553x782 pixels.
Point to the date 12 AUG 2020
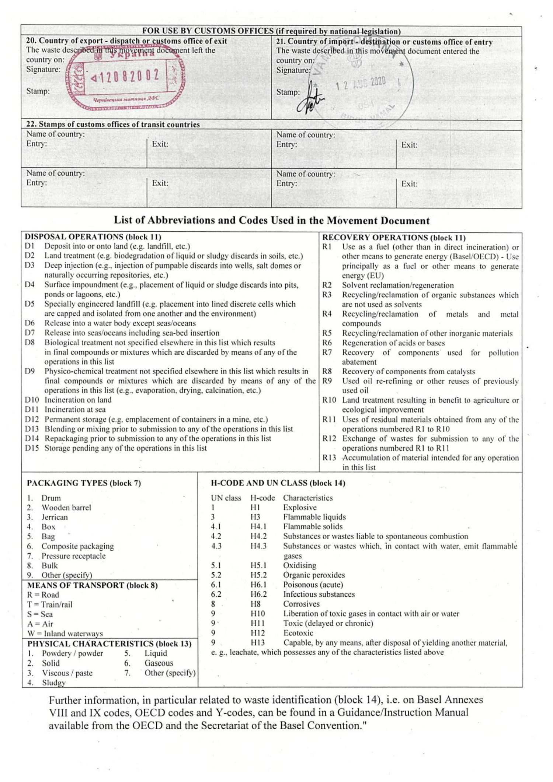pos(360,83)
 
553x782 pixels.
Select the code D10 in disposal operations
pos(32,400)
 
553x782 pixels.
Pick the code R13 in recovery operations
pos(329,458)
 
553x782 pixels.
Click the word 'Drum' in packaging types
pos(51,498)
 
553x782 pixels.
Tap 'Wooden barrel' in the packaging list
pos(66,508)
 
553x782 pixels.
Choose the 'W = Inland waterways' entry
pos(65,634)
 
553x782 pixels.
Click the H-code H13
pos(258,643)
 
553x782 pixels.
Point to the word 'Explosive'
pos(300,508)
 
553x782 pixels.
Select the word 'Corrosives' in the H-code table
pos(301,604)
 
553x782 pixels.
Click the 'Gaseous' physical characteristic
pos(159,663)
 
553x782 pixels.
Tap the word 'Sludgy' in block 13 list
pos(54,683)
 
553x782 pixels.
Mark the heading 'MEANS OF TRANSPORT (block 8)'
pos(92,585)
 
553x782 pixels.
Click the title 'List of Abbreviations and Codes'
pos(271,220)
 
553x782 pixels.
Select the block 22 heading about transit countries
pos(113,125)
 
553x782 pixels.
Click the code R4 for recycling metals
pos(327,314)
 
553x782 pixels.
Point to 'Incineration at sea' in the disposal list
pos(75,410)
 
